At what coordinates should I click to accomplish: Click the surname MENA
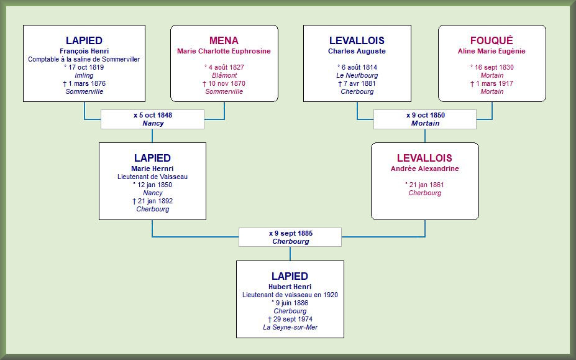[x=224, y=40]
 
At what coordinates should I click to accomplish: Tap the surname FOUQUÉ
[x=491, y=40]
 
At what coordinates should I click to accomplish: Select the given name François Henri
[x=84, y=51]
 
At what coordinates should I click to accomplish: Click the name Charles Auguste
[x=357, y=51]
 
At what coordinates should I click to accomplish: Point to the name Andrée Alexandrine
[x=424, y=168]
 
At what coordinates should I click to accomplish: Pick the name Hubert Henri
[x=290, y=287]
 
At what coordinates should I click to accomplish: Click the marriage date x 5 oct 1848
[x=153, y=115]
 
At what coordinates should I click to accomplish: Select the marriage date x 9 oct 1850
[x=426, y=115]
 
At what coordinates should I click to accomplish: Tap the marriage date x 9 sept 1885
[x=291, y=233]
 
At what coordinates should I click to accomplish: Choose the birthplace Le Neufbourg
[x=357, y=75]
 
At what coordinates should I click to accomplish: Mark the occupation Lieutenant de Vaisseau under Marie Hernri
[x=152, y=177]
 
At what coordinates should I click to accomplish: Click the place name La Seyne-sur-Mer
[x=290, y=327]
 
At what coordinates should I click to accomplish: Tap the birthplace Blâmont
[x=224, y=75]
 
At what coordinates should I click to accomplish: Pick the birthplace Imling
[x=84, y=75]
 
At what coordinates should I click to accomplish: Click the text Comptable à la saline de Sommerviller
[x=84, y=59]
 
